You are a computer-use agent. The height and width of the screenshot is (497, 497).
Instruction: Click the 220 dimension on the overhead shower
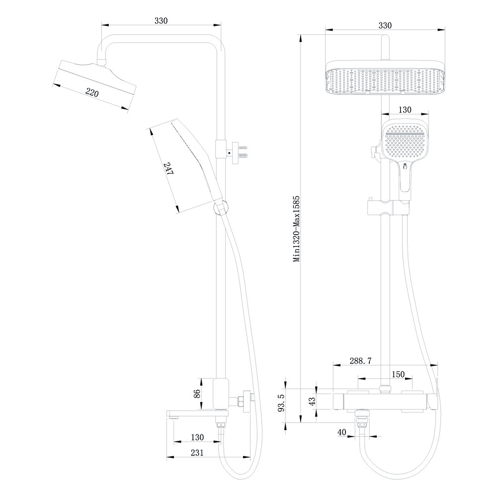coord(92,92)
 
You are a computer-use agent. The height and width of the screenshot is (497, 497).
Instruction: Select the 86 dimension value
coord(197,393)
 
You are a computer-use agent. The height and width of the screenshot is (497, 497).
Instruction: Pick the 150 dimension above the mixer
coord(398,373)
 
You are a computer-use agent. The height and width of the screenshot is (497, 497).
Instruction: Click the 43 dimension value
coord(313,401)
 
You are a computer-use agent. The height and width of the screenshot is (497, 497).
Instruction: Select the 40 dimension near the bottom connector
coord(341,432)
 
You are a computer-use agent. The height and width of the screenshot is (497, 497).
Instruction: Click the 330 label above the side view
coord(161,21)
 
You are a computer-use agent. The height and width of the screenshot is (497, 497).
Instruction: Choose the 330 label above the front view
coord(385,25)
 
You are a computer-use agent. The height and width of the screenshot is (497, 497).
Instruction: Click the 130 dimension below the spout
coord(197,437)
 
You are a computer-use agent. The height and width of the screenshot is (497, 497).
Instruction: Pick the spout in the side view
coord(194,414)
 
